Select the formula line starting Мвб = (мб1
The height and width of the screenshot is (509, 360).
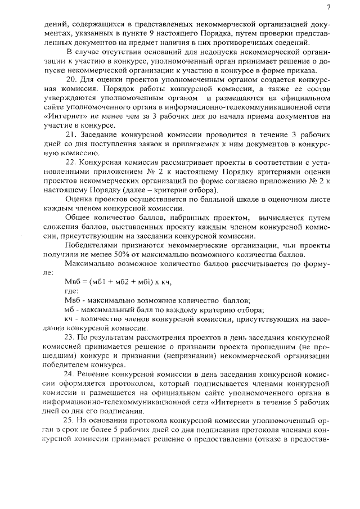coord(118,282)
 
